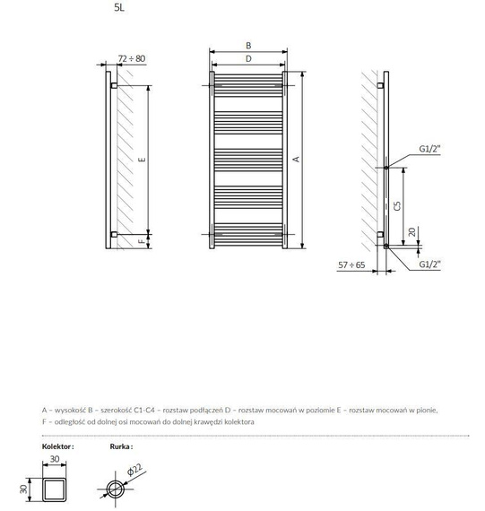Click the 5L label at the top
[119, 7]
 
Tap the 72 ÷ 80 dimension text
[132, 58]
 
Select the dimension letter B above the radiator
[248, 46]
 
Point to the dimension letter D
[248, 58]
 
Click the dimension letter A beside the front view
[296, 159]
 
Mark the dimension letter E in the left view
[142, 160]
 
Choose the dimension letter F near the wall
[142, 241]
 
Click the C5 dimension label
[397, 206]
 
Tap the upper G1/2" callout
[429, 149]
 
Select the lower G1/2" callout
[429, 264]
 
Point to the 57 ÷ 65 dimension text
[351, 265]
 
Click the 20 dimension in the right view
[412, 232]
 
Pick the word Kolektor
[57, 446]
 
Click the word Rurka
[121, 446]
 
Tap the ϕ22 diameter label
[134, 470]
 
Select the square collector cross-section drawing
[55, 489]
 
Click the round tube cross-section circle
[116, 481]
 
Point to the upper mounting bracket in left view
[114, 86]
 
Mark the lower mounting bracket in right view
[380, 235]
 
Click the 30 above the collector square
[55, 459]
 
